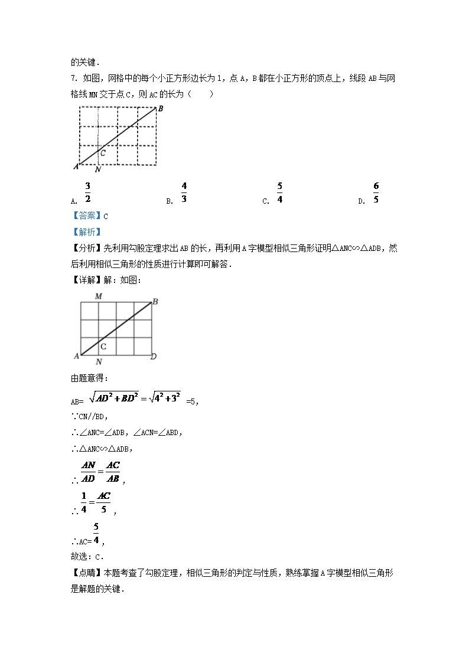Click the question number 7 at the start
click(x=73, y=79)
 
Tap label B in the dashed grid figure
click(x=161, y=109)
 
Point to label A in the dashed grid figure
click(x=76, y=166)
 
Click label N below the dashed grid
click(x=97, y=170)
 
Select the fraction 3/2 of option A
click(x=87, y=193)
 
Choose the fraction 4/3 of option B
click(x=184, y=193)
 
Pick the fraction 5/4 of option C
click(x=279, y=193)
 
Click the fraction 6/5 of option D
click(x=376, y=193)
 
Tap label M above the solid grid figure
click(x=98, y=296)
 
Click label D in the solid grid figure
click(x=154, y=357)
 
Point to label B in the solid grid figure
click(x=155, y=302)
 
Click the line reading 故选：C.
click(x=87, y=556)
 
